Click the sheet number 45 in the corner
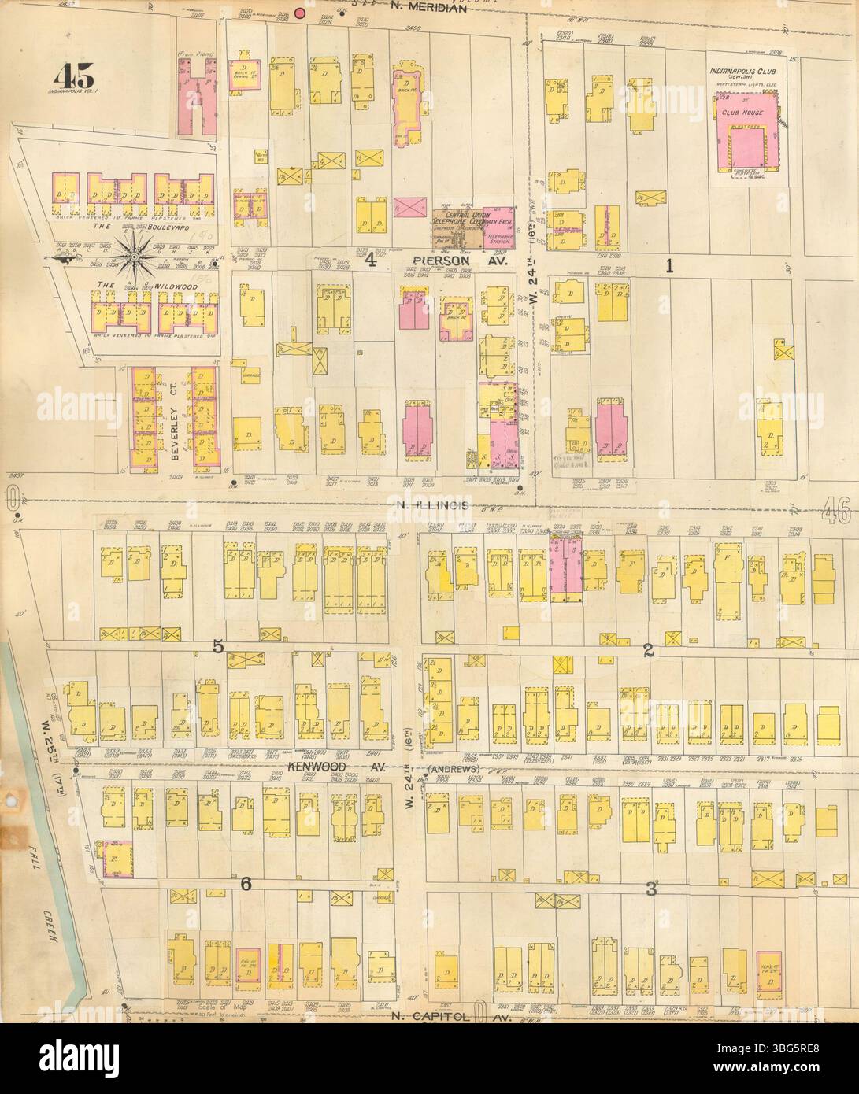click(x=75, y=76)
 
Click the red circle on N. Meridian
click(x=299, y=13)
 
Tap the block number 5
click(x=218, y=647)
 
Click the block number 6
click(x=245, y=885)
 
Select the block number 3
click(x=650, y=890)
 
